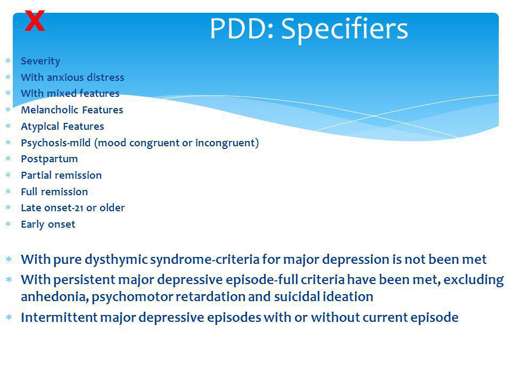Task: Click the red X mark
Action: coord(35,21)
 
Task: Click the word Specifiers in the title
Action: coord(344,29)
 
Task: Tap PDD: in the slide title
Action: coord(242,29)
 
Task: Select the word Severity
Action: coord(40,61)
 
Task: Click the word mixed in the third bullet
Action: coord(62,94)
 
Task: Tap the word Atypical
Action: coord(40,127)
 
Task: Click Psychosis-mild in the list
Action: coord(56,143)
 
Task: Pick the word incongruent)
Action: coord(227,143)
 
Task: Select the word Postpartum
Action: coord(49,159)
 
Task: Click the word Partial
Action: coord(35,175)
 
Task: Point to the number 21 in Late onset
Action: coord(79,208)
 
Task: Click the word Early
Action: coord(32,224)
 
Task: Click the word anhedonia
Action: coord(55,297)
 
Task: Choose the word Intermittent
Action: coord(59,317)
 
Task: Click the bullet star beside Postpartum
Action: coord(9,159)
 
